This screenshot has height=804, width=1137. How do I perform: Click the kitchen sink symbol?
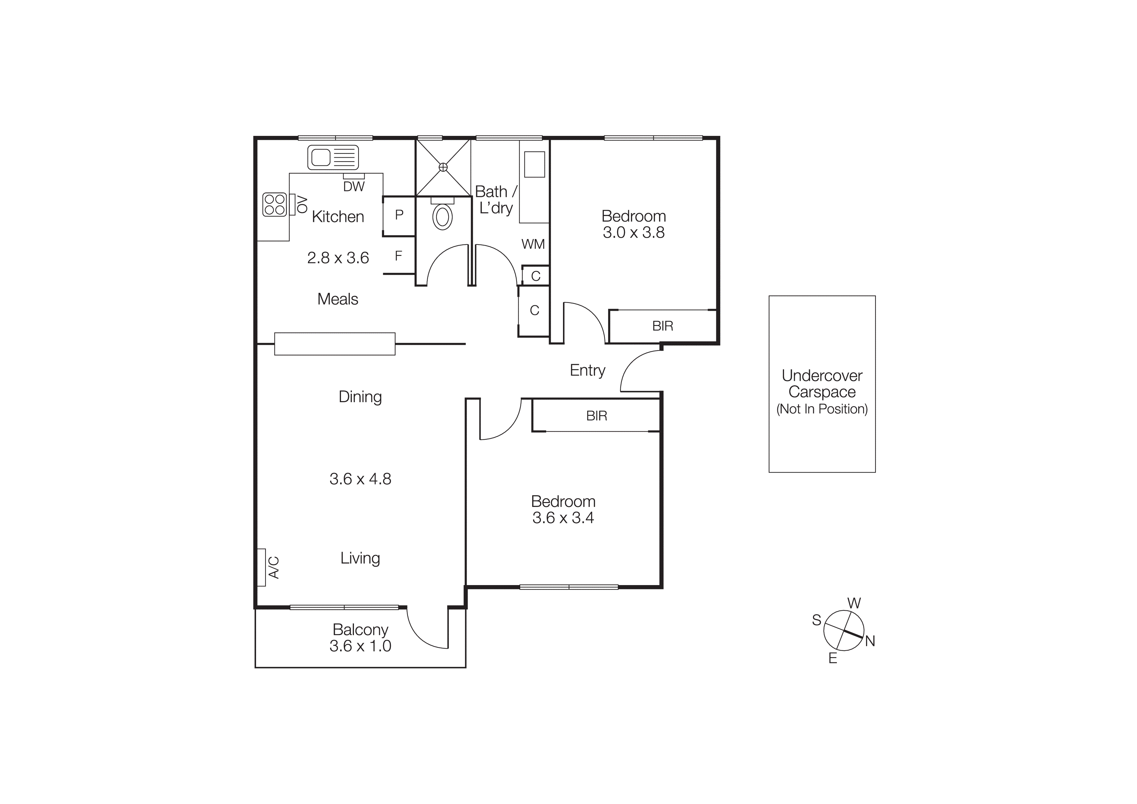[333, 158]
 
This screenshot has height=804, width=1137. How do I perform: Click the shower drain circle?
[443, 167]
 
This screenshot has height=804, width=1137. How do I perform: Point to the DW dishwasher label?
[354, 187]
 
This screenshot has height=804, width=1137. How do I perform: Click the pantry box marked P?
[399, 215]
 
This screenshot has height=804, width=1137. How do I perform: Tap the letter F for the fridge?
[398, 256]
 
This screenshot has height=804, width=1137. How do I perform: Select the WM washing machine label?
[533, 244]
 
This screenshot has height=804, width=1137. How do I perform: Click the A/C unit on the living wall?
[262, 567]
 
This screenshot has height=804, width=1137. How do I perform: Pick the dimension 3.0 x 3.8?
[633, 232]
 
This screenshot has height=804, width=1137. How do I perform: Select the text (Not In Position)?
[822, 409]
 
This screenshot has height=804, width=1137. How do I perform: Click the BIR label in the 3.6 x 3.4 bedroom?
[596, 416]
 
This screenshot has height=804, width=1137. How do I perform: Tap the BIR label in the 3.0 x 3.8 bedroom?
[662, 326]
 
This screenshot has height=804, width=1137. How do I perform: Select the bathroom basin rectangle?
[534, 164]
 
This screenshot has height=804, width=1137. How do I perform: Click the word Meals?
[338, 299]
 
